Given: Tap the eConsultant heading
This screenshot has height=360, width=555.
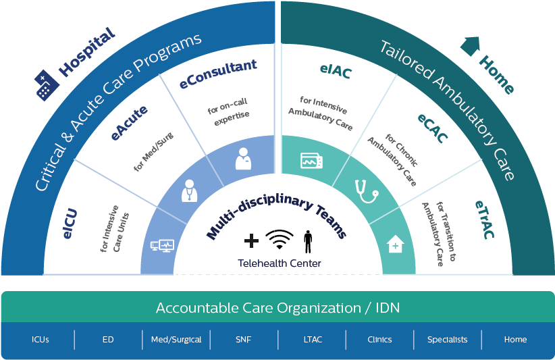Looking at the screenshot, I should [x=218, y=75].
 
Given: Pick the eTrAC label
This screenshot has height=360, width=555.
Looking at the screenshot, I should [x=483, y=220].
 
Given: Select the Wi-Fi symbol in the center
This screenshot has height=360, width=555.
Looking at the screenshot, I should [x=280, y=240].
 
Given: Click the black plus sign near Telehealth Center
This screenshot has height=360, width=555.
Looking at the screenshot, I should [x=251, y=240].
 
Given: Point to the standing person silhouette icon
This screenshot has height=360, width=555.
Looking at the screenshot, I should [x=308, y=240].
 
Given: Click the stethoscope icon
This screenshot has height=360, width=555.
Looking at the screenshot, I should [x=367, y=190].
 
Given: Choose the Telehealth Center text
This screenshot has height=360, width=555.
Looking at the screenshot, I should [x=279, y=263].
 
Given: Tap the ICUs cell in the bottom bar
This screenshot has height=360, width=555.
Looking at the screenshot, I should [x=41, y=340].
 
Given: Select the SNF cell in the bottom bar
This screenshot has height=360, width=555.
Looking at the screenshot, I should [x=244, y=340].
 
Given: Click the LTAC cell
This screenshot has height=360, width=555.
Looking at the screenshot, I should [x=312, y=340].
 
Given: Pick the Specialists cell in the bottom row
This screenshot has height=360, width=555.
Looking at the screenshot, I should [x=447, y=340].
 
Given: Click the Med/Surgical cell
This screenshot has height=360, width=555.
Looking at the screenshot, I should [x=176, y=340].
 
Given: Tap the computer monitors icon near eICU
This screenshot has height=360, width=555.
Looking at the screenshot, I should [x=161, y=246].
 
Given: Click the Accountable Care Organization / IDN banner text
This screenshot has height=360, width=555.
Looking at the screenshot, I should [x=277, y=308].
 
